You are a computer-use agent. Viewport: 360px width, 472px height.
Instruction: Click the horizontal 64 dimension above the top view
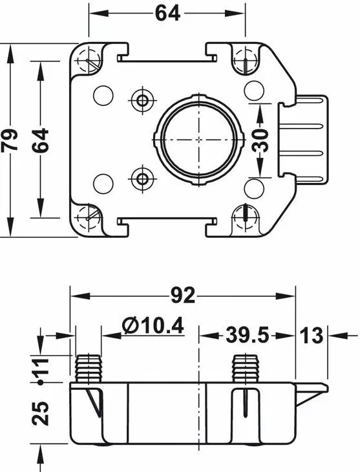[167, 13]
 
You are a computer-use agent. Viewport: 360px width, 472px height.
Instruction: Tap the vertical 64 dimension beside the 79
[40, 140]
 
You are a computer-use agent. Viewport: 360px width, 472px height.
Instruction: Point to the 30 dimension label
[260, 140]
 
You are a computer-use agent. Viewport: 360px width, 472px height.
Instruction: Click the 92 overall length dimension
[183, 295]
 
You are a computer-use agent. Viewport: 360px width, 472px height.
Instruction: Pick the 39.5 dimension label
[247, 334]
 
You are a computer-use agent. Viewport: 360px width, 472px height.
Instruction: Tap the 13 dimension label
[312, 335]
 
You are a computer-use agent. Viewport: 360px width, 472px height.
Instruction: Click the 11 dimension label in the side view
[41, 366]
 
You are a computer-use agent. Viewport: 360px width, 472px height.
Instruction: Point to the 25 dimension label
[41, 414]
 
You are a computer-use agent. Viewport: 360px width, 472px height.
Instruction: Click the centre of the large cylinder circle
[198, 140]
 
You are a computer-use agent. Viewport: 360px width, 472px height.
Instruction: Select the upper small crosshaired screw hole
[142, 100]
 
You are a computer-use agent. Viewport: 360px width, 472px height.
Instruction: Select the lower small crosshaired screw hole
[142, 179]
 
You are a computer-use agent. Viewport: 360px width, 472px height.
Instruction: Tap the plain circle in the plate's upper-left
[103, 95]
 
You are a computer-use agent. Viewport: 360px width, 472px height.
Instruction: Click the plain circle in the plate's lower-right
[254, 188]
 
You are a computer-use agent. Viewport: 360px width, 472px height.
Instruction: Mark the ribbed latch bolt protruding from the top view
[302, 140]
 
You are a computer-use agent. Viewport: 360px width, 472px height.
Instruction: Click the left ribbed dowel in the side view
[88, 369]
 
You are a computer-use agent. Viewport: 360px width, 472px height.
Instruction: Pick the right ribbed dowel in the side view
[246, 369]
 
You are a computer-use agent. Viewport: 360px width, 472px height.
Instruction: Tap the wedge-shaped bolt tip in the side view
[312, 394]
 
